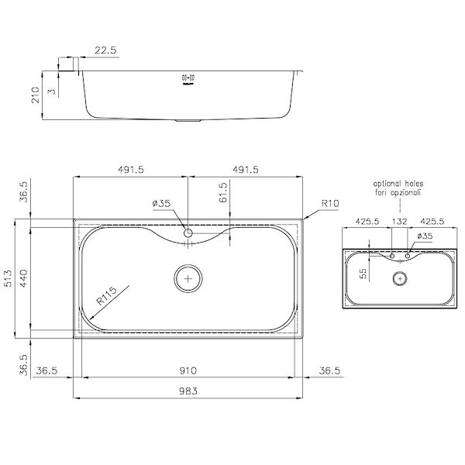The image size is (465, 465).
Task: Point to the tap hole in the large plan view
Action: pos(188,232)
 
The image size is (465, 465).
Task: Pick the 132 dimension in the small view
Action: pos(400,222)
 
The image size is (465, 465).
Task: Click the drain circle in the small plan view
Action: pos(400,277)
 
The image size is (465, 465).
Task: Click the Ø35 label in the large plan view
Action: pos(162,204)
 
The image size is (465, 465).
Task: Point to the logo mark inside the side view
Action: pos(186,78)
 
